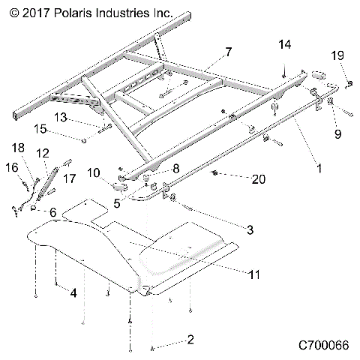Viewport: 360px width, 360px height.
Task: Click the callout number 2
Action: click(x=190, y=340)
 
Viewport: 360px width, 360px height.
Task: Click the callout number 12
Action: click(x=42, y=153)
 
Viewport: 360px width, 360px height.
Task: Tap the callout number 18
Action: click(x=18, y=147)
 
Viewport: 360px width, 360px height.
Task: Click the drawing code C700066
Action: click(x=323, y=346)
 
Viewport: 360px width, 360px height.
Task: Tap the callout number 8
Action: click(x=177, y=169)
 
